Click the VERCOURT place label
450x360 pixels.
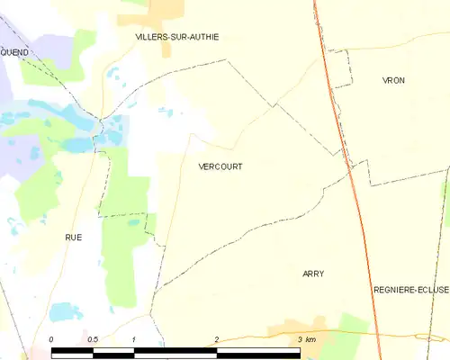tap(220, 166)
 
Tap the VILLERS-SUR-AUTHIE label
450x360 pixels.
tap(176, 37)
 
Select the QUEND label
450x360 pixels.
tap(14, 52)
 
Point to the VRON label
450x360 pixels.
tap(393, 80)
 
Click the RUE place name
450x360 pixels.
tap(73, 237)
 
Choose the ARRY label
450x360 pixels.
tap(313, 274)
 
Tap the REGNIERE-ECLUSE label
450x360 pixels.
tap(410, 290)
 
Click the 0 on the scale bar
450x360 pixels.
tap(51, 339)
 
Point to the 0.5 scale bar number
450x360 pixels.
tap(92, 339)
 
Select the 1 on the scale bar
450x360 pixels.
tap(133, 339)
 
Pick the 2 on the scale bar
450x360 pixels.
tap(216, 339)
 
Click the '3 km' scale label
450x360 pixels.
tap(306, 339)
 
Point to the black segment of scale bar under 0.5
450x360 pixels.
tap(72, 351)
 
